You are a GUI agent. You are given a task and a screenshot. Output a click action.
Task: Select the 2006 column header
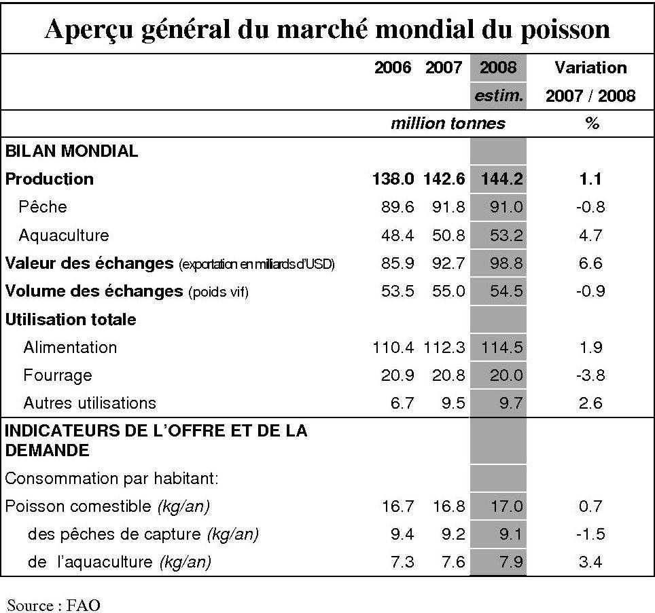coord(393,68)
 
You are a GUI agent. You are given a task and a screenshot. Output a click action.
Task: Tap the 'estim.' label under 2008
coord(499,96)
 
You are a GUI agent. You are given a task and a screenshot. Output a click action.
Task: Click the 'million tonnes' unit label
coord(448,124)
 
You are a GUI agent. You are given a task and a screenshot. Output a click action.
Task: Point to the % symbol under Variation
coord(591,124)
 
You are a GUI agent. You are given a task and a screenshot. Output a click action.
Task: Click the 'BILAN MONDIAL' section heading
coord(71,151)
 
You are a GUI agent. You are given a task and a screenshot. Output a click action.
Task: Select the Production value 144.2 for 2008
coord(501,179)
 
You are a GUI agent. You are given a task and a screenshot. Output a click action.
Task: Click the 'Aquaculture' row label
coord(64,236)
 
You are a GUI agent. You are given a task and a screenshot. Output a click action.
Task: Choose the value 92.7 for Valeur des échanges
coord(448,263)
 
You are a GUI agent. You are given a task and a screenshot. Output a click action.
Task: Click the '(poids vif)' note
coord(219,292)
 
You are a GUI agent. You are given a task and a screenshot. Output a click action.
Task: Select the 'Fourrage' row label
coord(58,375)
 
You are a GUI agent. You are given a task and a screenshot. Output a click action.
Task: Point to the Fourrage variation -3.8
coord(590,375)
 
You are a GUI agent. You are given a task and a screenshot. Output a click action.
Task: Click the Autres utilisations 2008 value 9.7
coord(510,403)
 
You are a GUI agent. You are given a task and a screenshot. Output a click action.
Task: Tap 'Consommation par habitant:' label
coord(111,479)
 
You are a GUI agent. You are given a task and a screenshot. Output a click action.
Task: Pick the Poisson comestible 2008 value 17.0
coord(506,506)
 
